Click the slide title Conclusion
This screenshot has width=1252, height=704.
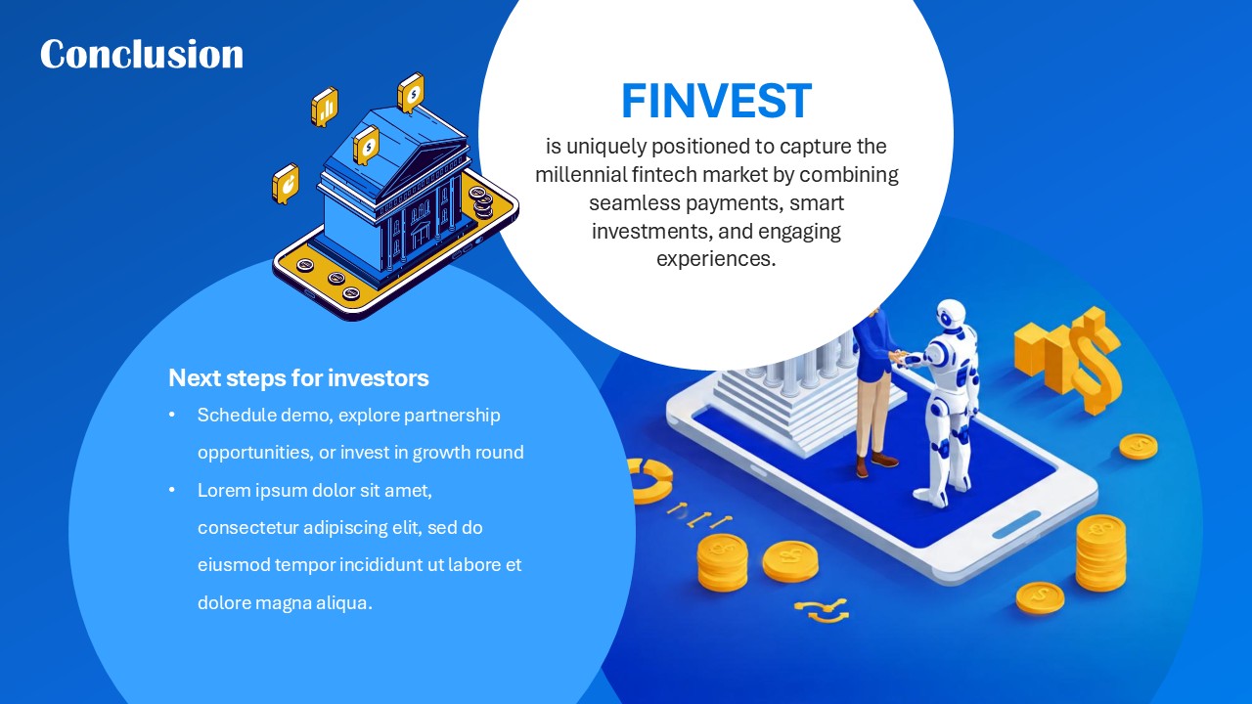pos(142,55)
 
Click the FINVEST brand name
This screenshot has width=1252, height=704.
pos(716,102)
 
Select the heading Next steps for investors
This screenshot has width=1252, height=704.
pos(298,378)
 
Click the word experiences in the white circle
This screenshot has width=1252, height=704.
pos(715,259)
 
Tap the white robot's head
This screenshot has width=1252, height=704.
pos(950,316)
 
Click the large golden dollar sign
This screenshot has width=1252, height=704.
pos(1092,362)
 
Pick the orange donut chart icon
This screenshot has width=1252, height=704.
pos(649,478)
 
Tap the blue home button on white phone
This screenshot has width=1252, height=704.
pos(1016,524)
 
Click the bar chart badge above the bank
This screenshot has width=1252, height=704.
pos(324,107)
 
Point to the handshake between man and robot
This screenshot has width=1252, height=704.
pos(901,357)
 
